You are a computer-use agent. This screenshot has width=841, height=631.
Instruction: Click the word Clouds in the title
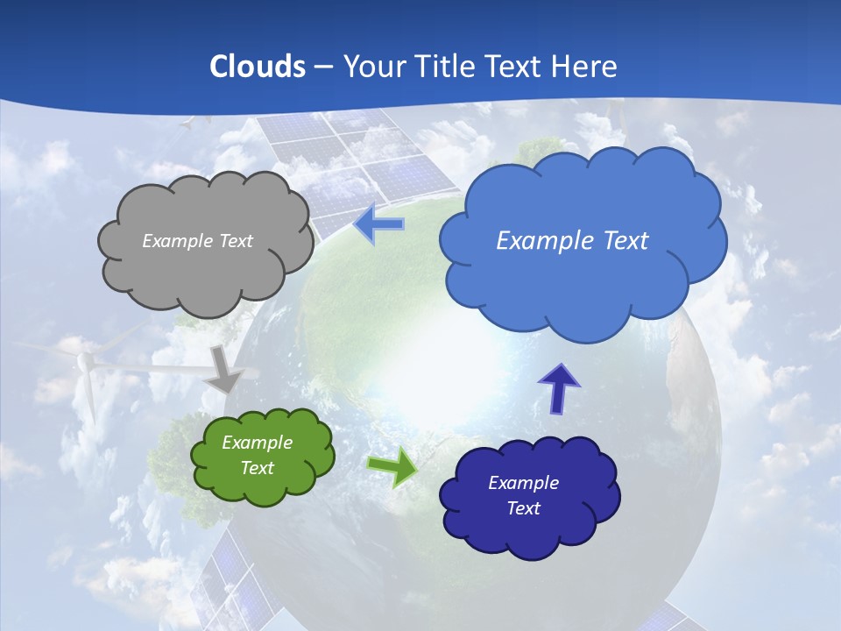click(x=257, y=67)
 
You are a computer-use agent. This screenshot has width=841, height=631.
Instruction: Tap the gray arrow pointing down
click(x=224, y=368)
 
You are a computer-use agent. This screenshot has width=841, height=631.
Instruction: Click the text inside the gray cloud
click(x=197, y=241)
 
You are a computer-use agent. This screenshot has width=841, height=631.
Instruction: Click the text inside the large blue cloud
click(x=572, y=241)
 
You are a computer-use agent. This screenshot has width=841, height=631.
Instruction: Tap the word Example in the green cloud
click(x=257, y=443)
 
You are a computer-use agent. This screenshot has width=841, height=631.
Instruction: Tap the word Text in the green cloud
click(x=257, y=468)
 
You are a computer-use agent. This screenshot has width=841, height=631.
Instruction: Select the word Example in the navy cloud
click(x=523, y=483)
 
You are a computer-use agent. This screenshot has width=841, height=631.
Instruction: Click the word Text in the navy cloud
click(x=523, y=508)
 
